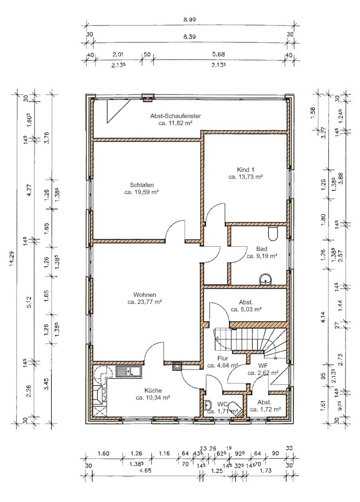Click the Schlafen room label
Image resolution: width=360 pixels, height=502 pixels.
click(141, 185)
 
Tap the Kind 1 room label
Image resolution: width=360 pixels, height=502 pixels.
click(246, 169)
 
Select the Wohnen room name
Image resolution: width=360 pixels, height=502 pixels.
click(145, 295)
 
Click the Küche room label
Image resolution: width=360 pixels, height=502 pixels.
click(153, 390)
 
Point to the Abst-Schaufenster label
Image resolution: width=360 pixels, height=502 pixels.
click(175, 116)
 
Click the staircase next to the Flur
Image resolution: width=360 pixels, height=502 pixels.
click(250, 343)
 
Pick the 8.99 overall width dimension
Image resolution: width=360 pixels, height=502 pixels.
click(189, 20)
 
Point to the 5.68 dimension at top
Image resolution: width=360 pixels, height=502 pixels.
click(219, 54)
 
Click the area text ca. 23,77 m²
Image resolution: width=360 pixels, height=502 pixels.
click(145, 302)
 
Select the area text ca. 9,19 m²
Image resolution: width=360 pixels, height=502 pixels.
click(262, 256)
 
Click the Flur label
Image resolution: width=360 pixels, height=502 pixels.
click(223, 358)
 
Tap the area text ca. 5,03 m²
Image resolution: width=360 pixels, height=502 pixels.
click(247, 309)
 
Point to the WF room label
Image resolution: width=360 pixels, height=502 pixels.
click(263, 366)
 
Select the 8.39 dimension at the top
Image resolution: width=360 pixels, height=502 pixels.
click(189, 37)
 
